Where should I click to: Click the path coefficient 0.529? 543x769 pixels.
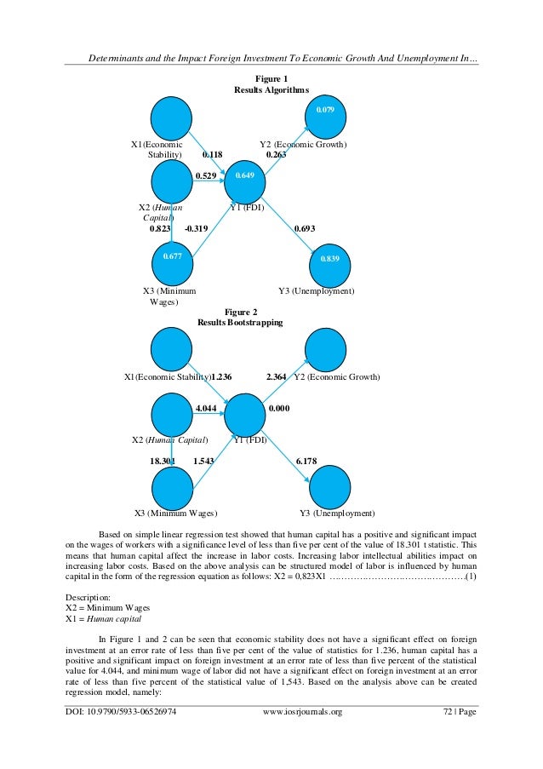click(204, 175)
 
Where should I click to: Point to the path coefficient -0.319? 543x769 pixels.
click(196, 228)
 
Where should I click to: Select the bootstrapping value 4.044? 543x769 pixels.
click(205, 409)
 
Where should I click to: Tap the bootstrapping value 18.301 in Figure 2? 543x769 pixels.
click(163, 461)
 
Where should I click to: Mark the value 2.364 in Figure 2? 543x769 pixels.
click(277, 376)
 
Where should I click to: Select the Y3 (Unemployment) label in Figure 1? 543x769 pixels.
click(316, 291)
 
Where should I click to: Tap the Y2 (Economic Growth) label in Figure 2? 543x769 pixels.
click(336, 376)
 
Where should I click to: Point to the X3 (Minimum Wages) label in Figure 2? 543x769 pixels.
click(175, 514)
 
